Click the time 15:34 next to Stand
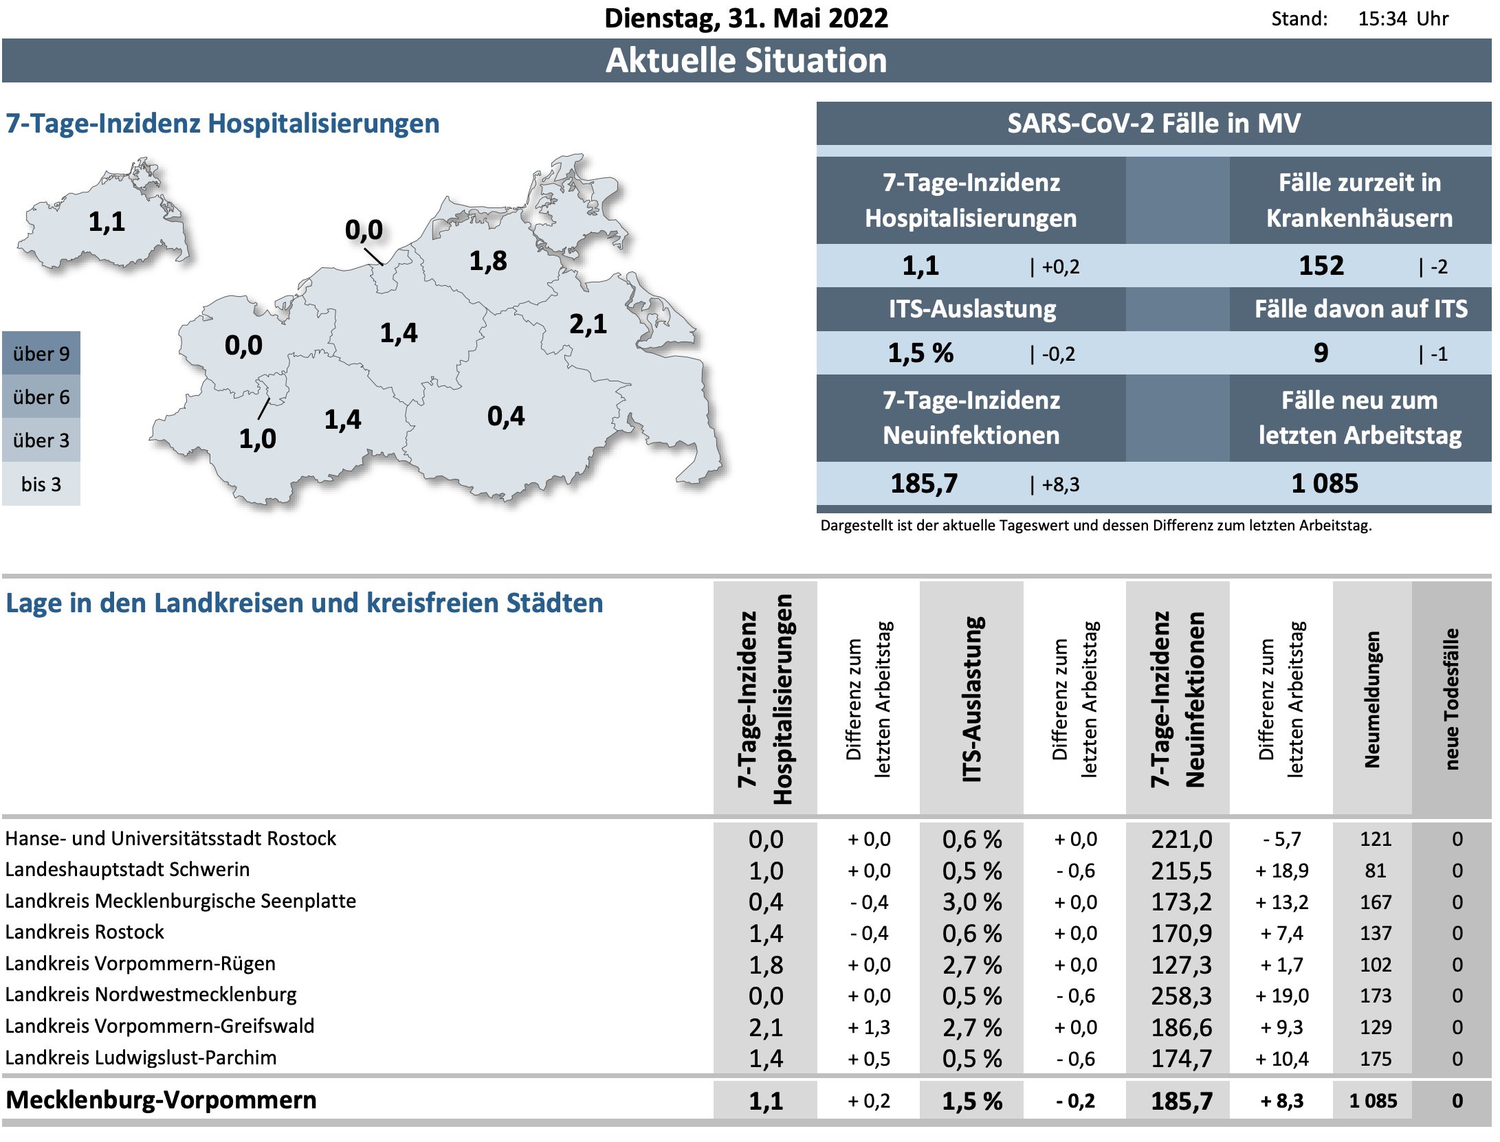1382,19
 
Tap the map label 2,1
588,324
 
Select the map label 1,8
488,261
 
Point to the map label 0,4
506,416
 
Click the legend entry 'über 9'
41,354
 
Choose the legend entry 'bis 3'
41,484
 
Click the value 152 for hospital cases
1321,266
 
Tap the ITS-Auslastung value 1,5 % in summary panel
920,353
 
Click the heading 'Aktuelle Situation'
746,60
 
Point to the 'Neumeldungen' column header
1372,699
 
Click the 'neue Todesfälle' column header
1451,699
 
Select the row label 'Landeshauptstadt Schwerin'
127,869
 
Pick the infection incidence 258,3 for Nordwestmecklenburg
1181,996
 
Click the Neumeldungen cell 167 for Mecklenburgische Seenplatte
1375,902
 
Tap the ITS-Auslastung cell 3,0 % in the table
971,902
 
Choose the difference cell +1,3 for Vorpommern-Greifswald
869,1027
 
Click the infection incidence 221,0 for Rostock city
1181,839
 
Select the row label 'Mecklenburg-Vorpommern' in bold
161,1100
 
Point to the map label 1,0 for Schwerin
257,439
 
